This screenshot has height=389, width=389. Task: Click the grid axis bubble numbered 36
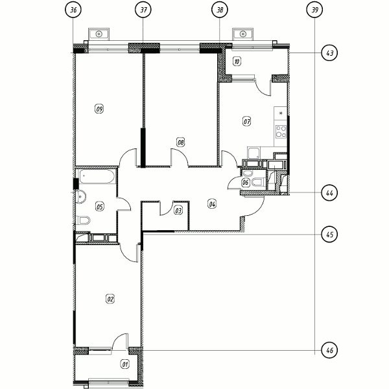pyautogui.click(x=73, y=10)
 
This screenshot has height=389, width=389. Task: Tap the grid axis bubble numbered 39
pyautogui.click(x=314, y=10)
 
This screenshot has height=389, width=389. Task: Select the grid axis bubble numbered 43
pyautogui.click(x=329, y=53)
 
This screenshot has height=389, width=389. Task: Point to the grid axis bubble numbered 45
pyautogui.click(x=329, y=234)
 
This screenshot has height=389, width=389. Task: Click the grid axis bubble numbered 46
pyautogui.click(x=329, y=350)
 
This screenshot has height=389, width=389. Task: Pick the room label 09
pyautogui.click(x=99, y=109)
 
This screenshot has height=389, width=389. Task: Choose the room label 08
pyautogui.click(x=181, y=143)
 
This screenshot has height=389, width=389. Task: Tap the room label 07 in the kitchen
pyautogui.click(x=246, y=122)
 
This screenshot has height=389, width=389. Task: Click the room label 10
pyautogui.click(x=237, y=62)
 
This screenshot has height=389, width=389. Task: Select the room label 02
pyautogui.click(x=110, y=299)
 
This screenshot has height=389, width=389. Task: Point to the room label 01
pyautogui.click(x=125, y=364)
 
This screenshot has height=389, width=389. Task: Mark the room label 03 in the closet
pyautogui.click(x=178, y=211)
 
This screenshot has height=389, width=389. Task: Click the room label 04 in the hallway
pyautogui.click(x=212, y=204)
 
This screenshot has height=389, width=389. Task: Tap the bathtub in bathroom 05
pyautogui.click(x=97, y=176)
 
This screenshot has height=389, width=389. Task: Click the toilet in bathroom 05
pyautogui.click(x=84, y=220)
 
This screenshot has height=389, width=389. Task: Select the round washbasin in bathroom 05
pyautogui.click(x=80, y=196)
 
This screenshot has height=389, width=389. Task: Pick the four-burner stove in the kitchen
pyautogui.click(x=281, y=132)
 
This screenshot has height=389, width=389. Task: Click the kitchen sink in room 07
pyautogui.click(x=253, y=153)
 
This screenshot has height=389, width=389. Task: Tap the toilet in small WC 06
pyautogui.click(x=258, y=182)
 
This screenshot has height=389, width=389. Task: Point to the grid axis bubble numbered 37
pyautogui.click(x=143, y=10)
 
